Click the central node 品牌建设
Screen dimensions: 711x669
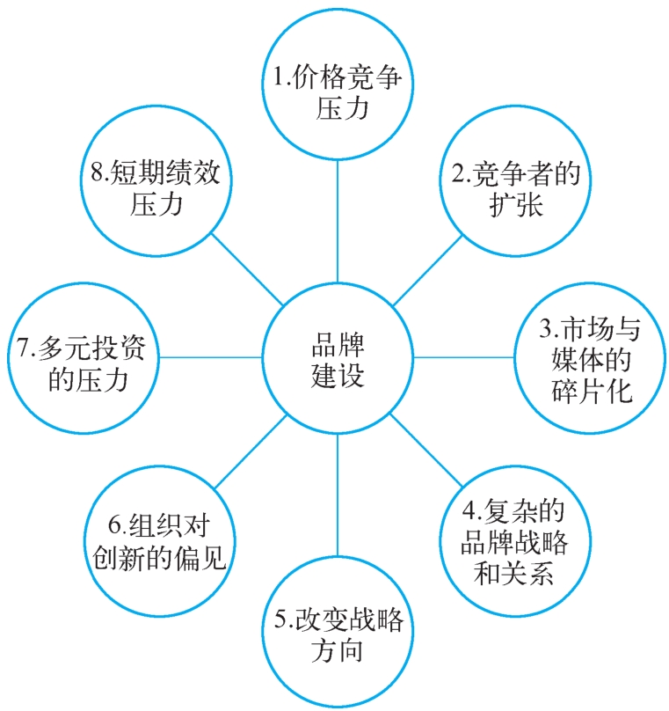[x=338, y=357]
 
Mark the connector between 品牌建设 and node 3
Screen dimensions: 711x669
[x=464, y=357]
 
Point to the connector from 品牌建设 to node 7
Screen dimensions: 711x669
[x=211, y=357]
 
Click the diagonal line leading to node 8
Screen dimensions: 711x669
[x=251, y=272]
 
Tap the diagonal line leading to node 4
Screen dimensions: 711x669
[x=425, y=450]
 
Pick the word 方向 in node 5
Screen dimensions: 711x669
[x=338, y=652]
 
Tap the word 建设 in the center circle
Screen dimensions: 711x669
[x=338, y=375]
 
